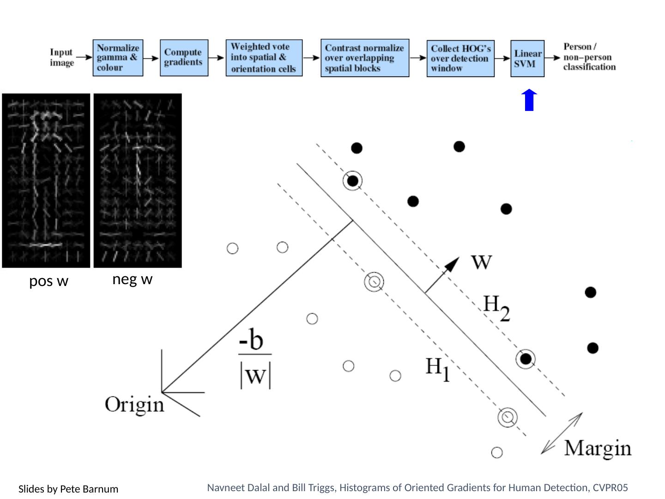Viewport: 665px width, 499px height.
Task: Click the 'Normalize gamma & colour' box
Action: [x=118, y=58]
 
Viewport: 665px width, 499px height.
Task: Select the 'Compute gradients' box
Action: [x=184, y=58]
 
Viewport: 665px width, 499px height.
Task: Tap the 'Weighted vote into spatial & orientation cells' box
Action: [x=264, y=58]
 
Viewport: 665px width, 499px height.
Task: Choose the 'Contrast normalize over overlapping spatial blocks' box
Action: [x=365, y=58]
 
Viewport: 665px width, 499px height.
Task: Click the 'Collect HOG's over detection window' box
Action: [x=460, y=58]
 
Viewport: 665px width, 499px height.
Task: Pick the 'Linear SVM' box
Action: [x=527, y=58]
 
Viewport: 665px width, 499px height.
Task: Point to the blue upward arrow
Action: [x=529, y=100]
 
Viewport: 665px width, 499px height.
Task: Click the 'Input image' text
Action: [x=62, y=57]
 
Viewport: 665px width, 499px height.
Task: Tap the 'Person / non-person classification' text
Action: [x=589, y=57]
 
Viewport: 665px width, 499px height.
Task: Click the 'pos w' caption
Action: [x=48, y=281]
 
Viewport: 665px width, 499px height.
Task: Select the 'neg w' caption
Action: [x=132, y=279]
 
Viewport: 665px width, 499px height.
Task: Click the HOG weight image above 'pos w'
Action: [x=46, y=180]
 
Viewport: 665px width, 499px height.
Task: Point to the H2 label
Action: [x=496, y=308]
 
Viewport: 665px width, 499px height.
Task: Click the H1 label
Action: [x=437, y=369]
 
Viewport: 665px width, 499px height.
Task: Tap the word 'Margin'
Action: [x=598, y=448]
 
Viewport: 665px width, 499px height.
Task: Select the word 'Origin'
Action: [x=134, y=405]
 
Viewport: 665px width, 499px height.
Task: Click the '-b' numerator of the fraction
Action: [x=251, y=339]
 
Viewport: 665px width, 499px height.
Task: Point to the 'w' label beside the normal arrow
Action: [x=481, y=262]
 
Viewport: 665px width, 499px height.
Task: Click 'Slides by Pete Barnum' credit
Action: [x=68, y=489]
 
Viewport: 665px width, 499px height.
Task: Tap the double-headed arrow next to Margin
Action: [x=562, y=433]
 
